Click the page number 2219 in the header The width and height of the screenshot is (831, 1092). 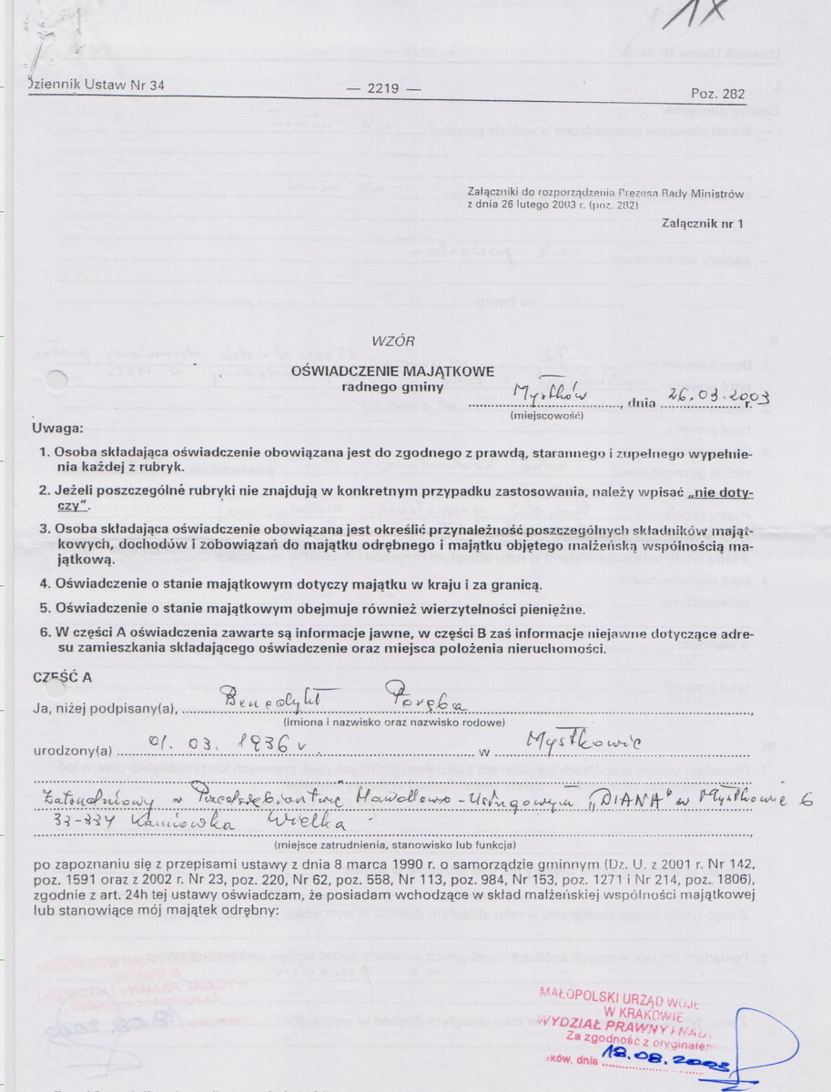[382, 89]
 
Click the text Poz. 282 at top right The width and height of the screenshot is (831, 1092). [718, 94]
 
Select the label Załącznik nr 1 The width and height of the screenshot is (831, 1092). [703, 222]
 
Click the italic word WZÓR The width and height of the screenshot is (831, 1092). [393, 341]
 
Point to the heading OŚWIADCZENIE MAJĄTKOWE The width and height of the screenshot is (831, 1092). [393, 370]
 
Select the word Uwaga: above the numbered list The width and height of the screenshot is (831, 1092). [58, 428]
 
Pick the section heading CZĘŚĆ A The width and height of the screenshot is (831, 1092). [61, 678]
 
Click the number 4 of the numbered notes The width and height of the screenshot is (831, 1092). [44, 582]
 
